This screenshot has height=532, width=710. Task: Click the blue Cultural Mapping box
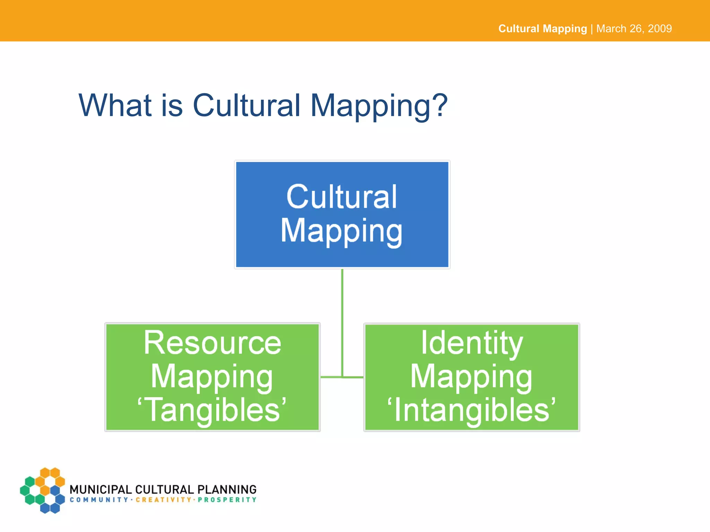[342, 214]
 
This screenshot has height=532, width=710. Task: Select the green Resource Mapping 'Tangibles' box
[212, 377]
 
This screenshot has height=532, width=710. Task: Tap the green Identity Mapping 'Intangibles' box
[471, 377]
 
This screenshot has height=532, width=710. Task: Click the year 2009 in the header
[660, 28]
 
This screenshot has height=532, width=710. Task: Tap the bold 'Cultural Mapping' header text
[543, 28]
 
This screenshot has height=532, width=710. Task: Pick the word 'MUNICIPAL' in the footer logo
[101, 489]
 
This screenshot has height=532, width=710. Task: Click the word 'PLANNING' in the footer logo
[227, 489]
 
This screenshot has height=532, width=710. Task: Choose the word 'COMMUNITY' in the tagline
[99, 500]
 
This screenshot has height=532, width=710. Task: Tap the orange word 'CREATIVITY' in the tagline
[163, 500]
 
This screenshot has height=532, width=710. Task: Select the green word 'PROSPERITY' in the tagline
[227, 500]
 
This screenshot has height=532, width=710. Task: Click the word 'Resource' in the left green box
[212, 343]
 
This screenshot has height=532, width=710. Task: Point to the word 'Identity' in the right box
[471, 343]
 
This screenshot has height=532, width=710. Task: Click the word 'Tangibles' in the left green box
[213, 410]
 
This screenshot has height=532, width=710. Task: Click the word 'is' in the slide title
[172, 105]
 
